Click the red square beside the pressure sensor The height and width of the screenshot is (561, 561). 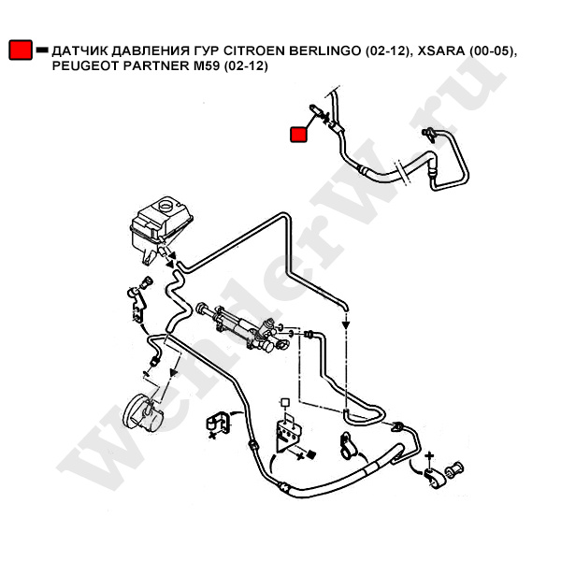coord(299,135)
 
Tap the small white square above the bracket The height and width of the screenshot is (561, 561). coord(284,403)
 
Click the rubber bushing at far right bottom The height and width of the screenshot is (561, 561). coord(458,467)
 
